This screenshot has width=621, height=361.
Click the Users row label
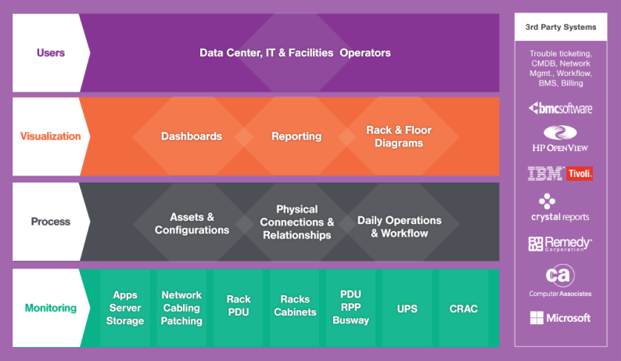point(51,52)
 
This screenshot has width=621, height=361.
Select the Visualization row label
point(50,136)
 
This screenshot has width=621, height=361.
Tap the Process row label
point(51,222)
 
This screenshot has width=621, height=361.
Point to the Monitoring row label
point(51,308)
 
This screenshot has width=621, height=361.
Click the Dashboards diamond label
point(192,136)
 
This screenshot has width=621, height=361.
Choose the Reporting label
point(296,136)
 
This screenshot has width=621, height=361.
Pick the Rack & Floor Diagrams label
point(399,136)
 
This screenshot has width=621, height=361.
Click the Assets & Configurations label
point(192,223)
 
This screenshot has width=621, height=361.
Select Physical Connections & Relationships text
point(297,222)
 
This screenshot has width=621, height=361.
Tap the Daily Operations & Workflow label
point(399,226)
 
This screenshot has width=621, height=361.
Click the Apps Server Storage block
point(125,308)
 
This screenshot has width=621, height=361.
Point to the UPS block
point(407,309)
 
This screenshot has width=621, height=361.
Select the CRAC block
point(463,309)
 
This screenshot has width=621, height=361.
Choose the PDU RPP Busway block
point(350,308)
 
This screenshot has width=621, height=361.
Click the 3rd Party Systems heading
point(561,27)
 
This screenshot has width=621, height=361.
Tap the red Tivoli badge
point(580,173)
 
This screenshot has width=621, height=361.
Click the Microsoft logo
point(561,318)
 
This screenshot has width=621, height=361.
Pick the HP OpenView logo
point(560,139)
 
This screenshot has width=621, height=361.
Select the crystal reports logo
point(560,208)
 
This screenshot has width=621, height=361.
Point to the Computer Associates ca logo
point(560,280)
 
